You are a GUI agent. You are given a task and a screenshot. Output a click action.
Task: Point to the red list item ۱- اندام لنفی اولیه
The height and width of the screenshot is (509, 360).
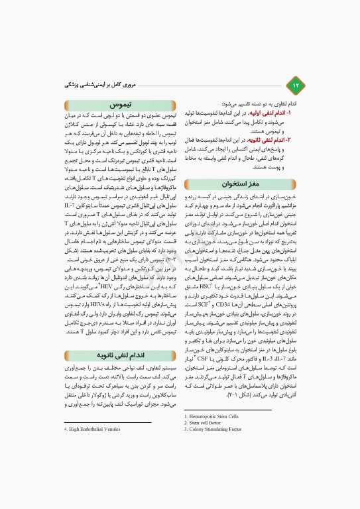(x=278, y=114)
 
